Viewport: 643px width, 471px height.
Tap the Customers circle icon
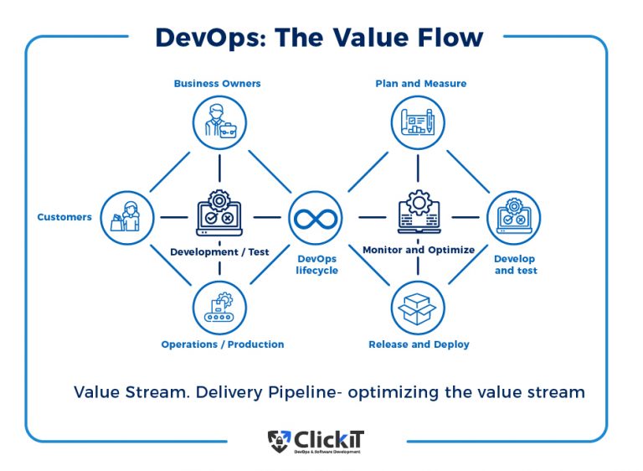point(126,217)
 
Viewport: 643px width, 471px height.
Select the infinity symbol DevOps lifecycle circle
point(316,218)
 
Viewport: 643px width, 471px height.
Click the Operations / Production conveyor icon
point(219,308)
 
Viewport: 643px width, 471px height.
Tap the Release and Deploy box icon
point(418,308)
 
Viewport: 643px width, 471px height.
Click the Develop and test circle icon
point(513,217)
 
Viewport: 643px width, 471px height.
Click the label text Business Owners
point(217,83)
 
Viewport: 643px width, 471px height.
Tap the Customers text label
point(64,217)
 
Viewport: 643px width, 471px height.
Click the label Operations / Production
point(223,344)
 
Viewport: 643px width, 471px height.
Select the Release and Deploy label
point(419,344)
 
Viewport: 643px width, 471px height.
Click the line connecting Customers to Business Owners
point(171,171)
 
